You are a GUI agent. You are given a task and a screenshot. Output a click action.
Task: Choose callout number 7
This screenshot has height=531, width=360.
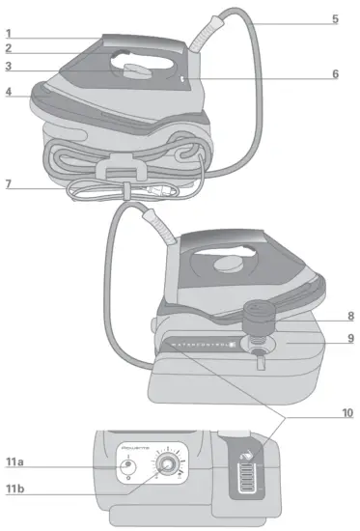[8, 182]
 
